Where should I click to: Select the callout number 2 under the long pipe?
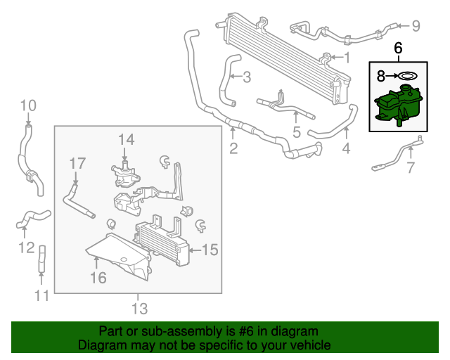(233, 148)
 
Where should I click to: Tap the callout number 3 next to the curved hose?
(246, 78)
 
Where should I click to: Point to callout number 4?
(346, 148)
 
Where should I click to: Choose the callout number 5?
(297, 131)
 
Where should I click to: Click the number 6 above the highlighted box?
(398, 49)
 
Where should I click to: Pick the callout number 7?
(411, 167)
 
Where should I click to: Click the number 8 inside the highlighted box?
(380, 75)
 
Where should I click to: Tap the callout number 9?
(416, 27)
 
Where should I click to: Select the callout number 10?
(27, 106)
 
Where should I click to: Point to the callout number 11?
(42, 295)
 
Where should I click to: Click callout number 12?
(26, 247)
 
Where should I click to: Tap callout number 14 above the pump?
(125, 139)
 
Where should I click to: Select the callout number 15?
(210, 249)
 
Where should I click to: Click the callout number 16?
(98, 278)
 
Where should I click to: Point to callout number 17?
(77, 163)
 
